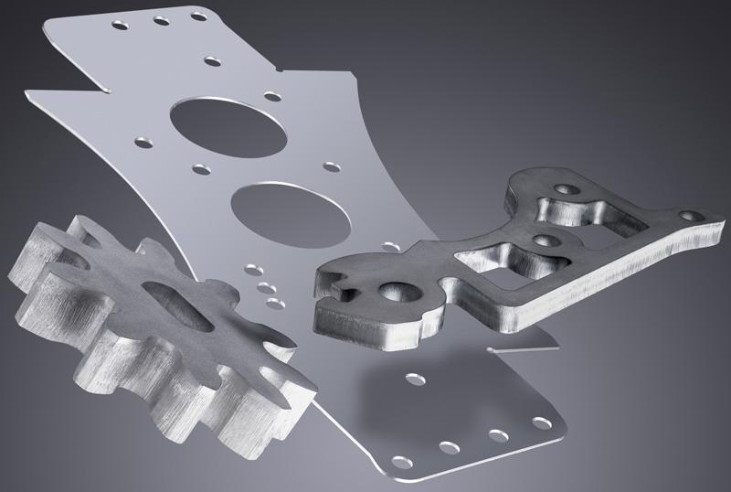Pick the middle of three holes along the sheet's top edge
[x=161, y=20]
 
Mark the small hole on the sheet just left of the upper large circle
[x=143, y=141]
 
